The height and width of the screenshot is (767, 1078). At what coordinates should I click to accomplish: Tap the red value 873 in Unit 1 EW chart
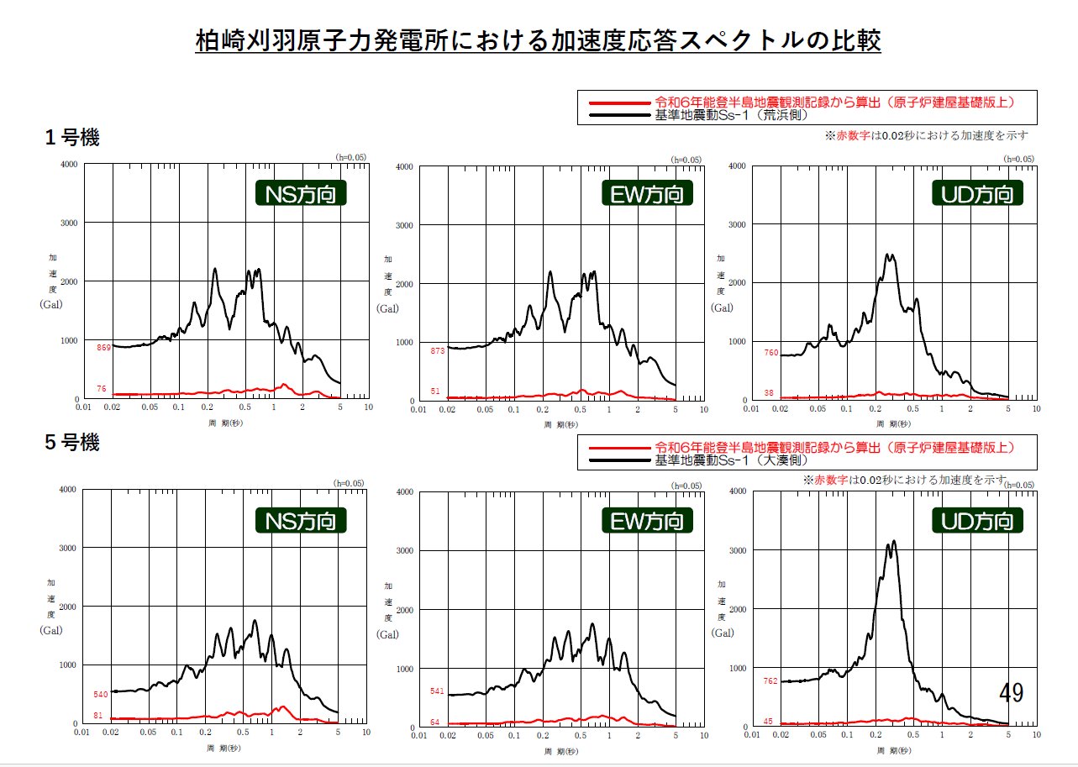pyautogui.click(x=436, y=350)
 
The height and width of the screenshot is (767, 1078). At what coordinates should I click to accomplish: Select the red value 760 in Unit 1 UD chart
pyautogui.click(x=770, y=353)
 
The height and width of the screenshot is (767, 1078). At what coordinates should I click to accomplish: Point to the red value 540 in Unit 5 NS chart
pyautogui.click(x=100, y=695)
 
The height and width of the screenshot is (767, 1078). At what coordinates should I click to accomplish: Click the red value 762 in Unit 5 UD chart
pyautogui.click(x=770, y=681)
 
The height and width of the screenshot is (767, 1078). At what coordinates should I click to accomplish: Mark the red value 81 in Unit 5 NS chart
pyautogui.click(x=97, y=716)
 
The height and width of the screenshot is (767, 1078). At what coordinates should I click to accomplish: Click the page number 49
pyautogui.click(x=1011, y=693)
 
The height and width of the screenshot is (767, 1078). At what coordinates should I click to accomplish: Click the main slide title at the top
pyautogui.click(x=538, y=40)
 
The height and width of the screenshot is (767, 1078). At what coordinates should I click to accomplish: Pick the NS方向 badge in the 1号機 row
pyautogui.click(x=301, y=195)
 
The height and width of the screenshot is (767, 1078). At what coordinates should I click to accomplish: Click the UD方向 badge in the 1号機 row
pyautogui.click(x=978, y=195)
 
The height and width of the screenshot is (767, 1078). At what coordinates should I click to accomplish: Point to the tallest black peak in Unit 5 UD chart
pyautogui.click(x=894, y=541)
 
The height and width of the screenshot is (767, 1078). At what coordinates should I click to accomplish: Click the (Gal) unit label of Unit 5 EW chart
pyautogui.click(x=387, y=634)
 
